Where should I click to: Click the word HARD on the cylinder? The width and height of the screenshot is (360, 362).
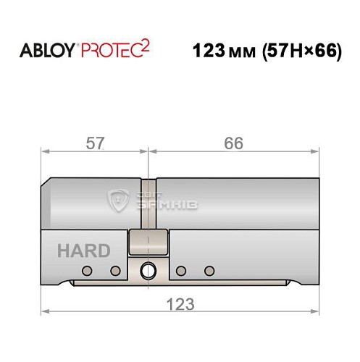pos(84,251)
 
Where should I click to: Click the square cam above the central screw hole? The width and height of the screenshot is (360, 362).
pos(148,242)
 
